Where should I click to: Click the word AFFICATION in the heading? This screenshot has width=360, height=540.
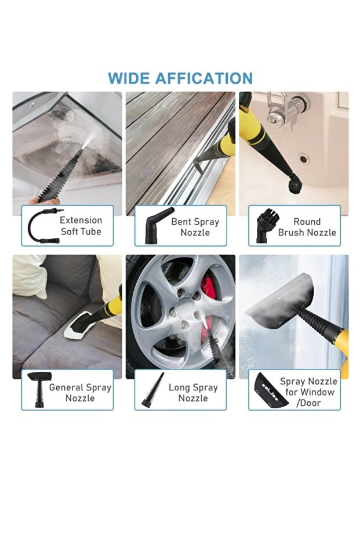click(x=204, y=78)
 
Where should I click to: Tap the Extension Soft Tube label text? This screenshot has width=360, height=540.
click(x=81, y=226)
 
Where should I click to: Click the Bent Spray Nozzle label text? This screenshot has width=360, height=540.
click(x=195, y=227)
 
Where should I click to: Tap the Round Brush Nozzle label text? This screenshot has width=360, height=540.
click(x=307, y=227)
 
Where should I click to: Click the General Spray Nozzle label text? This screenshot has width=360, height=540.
click(x=80, y=393)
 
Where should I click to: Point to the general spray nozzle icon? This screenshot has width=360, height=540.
click(x=38, y=389)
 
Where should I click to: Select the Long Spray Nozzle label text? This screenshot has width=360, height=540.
click(x=193, y=393)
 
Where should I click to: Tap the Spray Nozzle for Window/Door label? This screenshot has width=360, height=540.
click(x=308, y=392)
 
